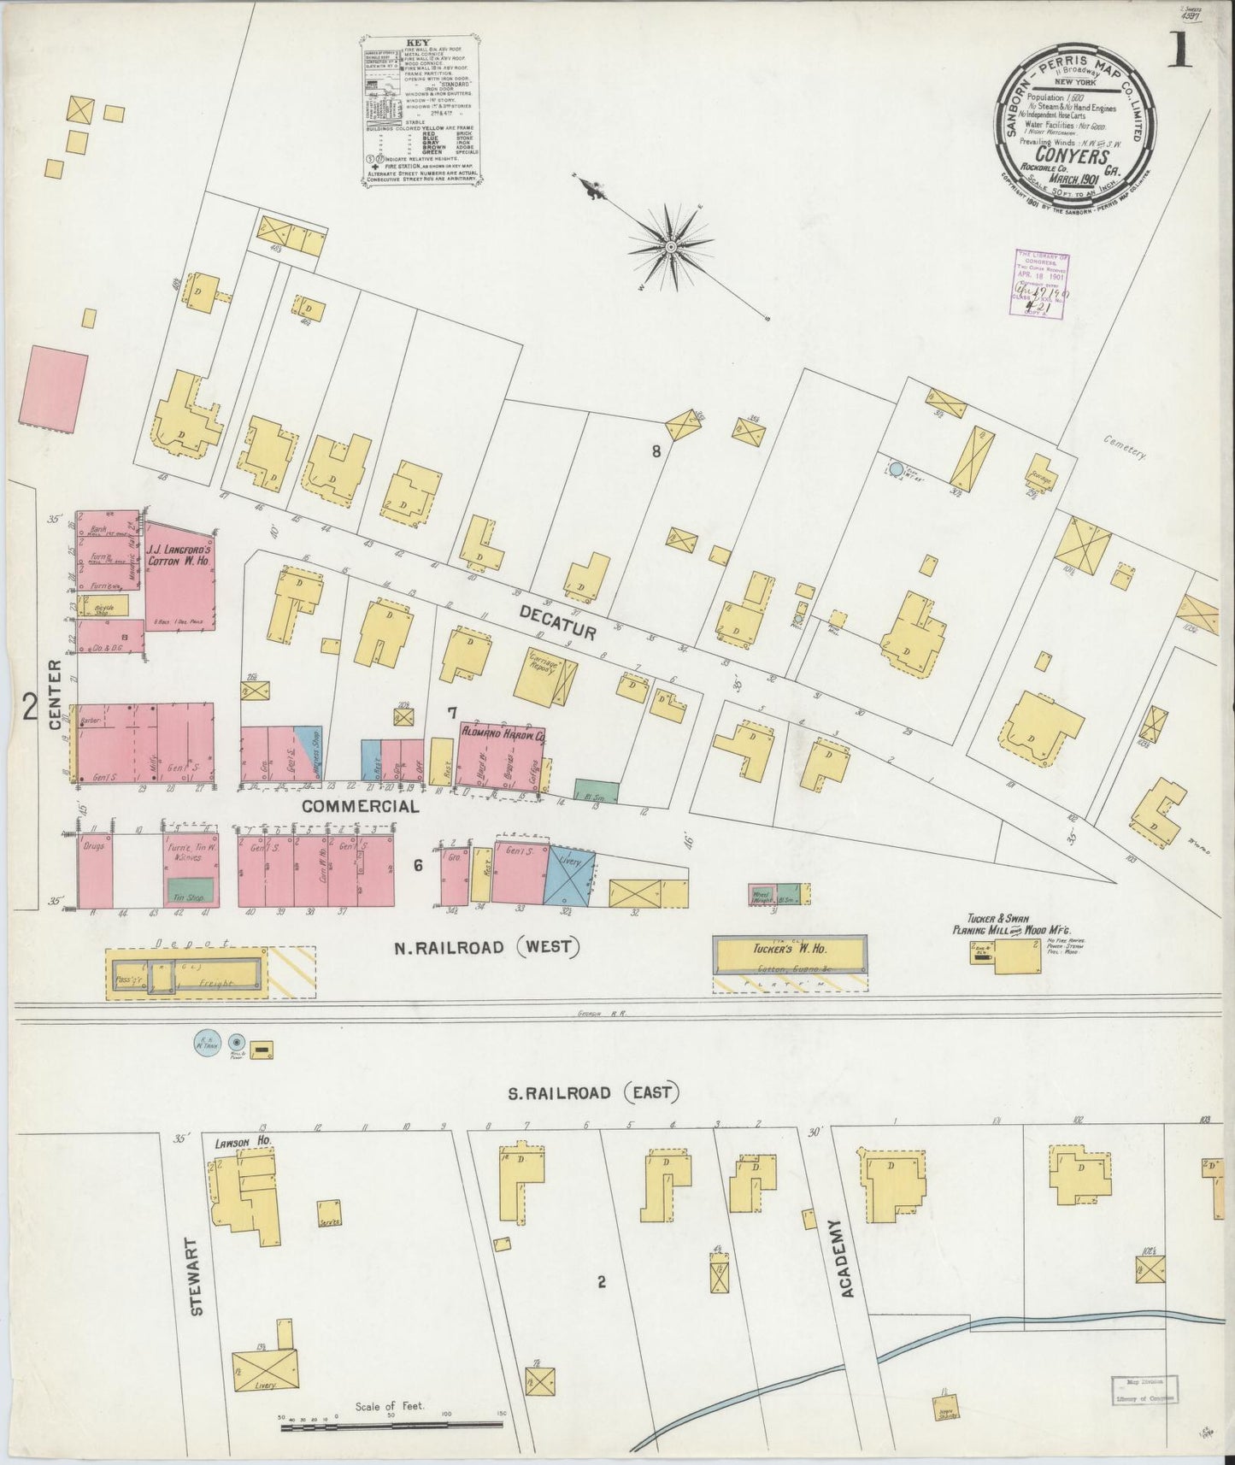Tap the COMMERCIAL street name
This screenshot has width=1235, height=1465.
(360, 805)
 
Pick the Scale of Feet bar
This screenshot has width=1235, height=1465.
(392, 1423)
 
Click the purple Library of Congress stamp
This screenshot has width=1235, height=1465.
(1042, 285)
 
